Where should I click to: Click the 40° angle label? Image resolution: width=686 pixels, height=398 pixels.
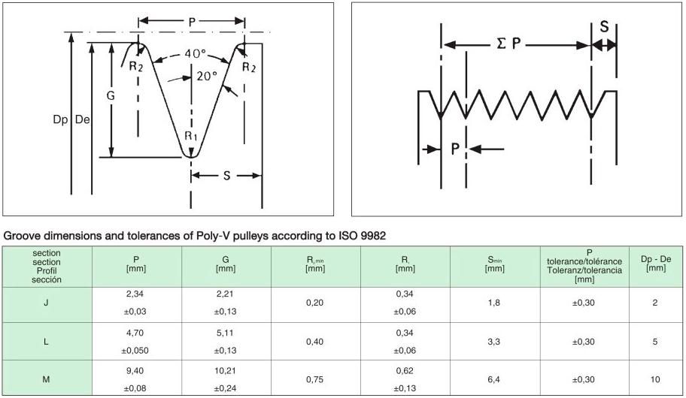coord(195,54)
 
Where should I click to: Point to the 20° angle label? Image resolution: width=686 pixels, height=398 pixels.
coord(207,76)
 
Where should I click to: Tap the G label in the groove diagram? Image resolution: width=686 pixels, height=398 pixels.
coord(111,95)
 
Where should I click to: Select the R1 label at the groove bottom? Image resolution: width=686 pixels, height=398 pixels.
coord(191,136)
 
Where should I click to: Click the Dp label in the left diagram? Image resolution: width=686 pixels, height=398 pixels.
coord(60,119)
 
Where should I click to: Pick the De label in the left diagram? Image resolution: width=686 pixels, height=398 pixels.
coord(83,119)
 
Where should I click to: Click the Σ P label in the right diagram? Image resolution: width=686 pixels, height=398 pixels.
coord(508,44)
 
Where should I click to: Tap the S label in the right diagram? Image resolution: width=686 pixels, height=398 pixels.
coord(604,26)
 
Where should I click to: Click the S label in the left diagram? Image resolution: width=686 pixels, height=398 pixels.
coord(226,176)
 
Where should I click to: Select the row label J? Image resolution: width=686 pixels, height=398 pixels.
coord(46,303)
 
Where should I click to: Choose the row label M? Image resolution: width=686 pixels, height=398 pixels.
coord(46,379)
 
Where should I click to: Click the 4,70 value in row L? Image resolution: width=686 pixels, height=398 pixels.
coord(135,333)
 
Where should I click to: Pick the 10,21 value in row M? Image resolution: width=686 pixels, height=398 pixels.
coord(225,371)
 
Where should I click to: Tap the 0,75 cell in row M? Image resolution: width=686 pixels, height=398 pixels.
coord(314,379)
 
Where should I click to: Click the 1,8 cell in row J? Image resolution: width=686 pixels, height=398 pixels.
coord(494,303)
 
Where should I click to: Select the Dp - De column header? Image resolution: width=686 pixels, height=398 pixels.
coord(656,263)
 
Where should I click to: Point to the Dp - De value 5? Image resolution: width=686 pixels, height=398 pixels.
coord(655,342)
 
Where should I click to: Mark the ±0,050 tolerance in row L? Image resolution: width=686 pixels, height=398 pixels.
coord(135,351)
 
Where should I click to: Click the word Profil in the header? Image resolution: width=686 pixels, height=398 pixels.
coord(47,271)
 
